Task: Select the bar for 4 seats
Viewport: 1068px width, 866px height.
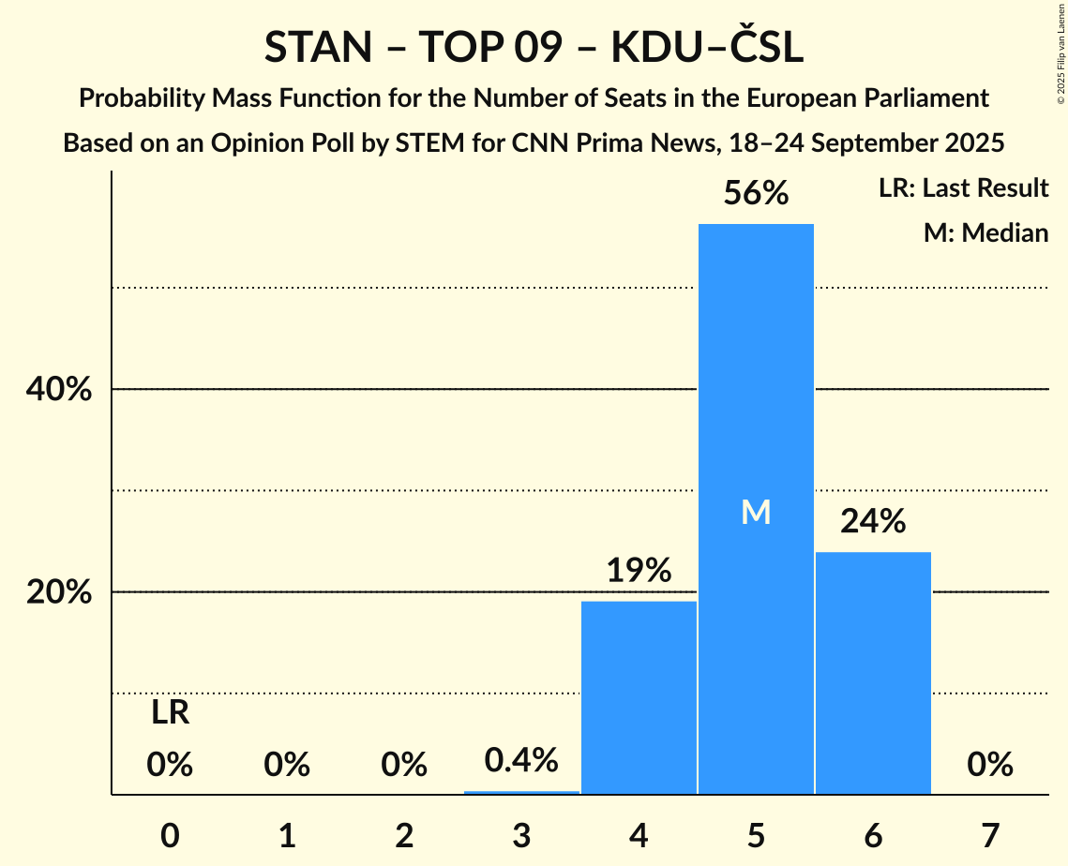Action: pyautogui.click(x=639, y=697)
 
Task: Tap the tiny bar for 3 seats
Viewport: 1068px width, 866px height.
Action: pyautogui.click(x=521, y=792)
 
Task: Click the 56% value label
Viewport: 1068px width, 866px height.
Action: pyautogui.click(x=756, y=194)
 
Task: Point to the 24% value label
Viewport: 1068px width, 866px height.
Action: pyautogui.click(x=873, y=522)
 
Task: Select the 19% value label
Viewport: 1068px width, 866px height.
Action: pyautogui.click(x=639, y=571)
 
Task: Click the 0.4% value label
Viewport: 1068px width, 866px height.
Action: pyautogui.click(x=521, y=760)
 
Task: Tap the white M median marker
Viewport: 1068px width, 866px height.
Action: pyautogui.click(x=756, y=512)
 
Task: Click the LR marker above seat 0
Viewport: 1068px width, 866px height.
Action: pyautogui.click(x=170, y=714)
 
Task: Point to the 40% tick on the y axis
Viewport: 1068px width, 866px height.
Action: pyautogui.click(x=58, y=390)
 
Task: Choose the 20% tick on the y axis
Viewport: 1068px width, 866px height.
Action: pyautogui.click(x=58, y=593)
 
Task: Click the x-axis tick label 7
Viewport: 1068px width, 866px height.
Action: pyautogui.click(x=990, y=835)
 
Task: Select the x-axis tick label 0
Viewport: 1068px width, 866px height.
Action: pyautogui.click(x=170, y=835)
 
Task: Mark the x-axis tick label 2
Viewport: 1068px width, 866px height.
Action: pyautogui.click(x=404, y=835)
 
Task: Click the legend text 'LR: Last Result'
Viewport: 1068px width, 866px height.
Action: pyautogui.click(x=963, y=188)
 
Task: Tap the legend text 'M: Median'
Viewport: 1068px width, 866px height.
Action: pyautogui.click(x=985, y=232)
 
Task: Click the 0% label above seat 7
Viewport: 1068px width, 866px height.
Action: pyautogui.click(x=990, y=766)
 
